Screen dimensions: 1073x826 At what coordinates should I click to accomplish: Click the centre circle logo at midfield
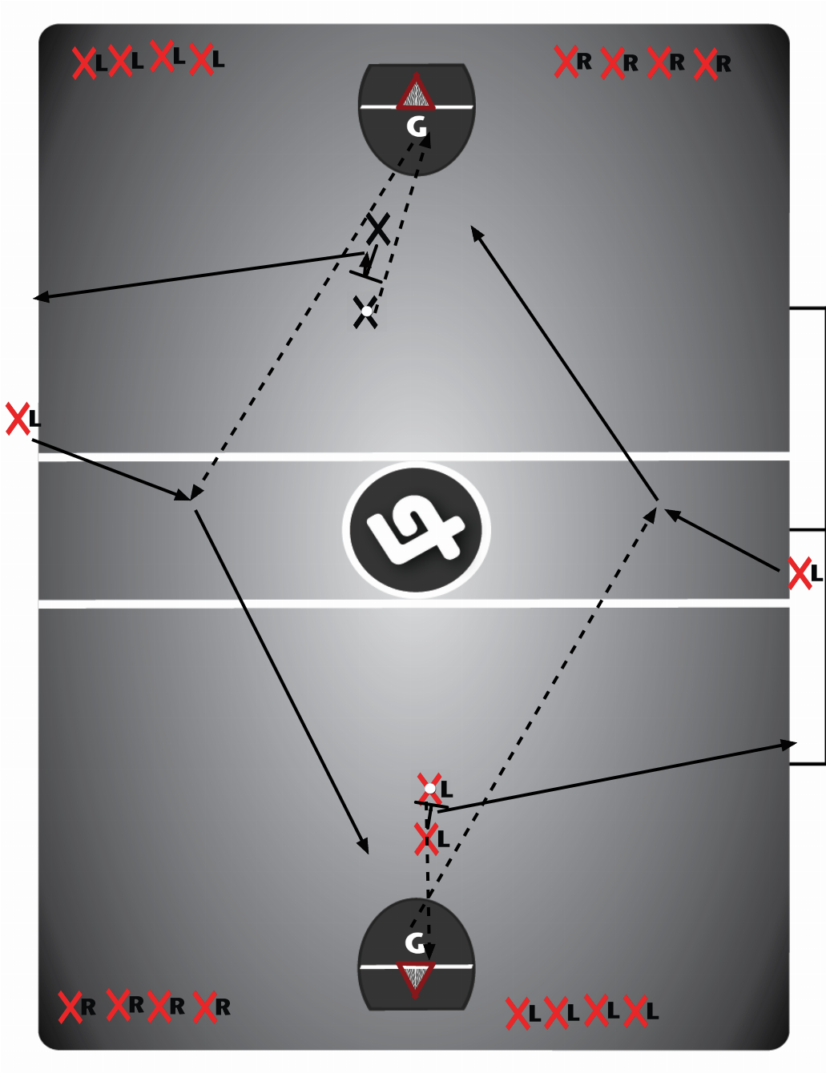[416, 529]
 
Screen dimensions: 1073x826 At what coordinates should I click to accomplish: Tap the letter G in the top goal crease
[417, 127]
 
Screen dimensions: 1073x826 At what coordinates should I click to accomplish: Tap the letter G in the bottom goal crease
[414, 942]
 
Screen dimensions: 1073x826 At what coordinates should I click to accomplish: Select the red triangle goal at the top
[415, 92]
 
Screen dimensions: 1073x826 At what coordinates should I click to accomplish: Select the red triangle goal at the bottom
[416, 979]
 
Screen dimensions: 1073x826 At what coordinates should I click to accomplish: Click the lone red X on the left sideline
[17, 419]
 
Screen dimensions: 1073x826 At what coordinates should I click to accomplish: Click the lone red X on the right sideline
[799, 573]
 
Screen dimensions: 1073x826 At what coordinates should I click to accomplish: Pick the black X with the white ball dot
[366, 311]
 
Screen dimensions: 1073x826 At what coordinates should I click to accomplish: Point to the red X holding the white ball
[429, 789]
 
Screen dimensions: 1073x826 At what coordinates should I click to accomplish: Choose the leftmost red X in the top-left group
[83, 62]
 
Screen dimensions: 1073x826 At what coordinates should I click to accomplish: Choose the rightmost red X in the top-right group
[705, 64]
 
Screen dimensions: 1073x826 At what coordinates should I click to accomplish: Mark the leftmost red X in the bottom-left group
[70, 1007]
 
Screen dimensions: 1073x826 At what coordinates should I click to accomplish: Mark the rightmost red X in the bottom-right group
[636, 1011]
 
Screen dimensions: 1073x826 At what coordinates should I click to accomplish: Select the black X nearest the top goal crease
[378, 230]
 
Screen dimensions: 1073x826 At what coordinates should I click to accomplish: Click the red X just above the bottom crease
[426, 839]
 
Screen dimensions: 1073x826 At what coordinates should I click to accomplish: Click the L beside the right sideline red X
[816, 573]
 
